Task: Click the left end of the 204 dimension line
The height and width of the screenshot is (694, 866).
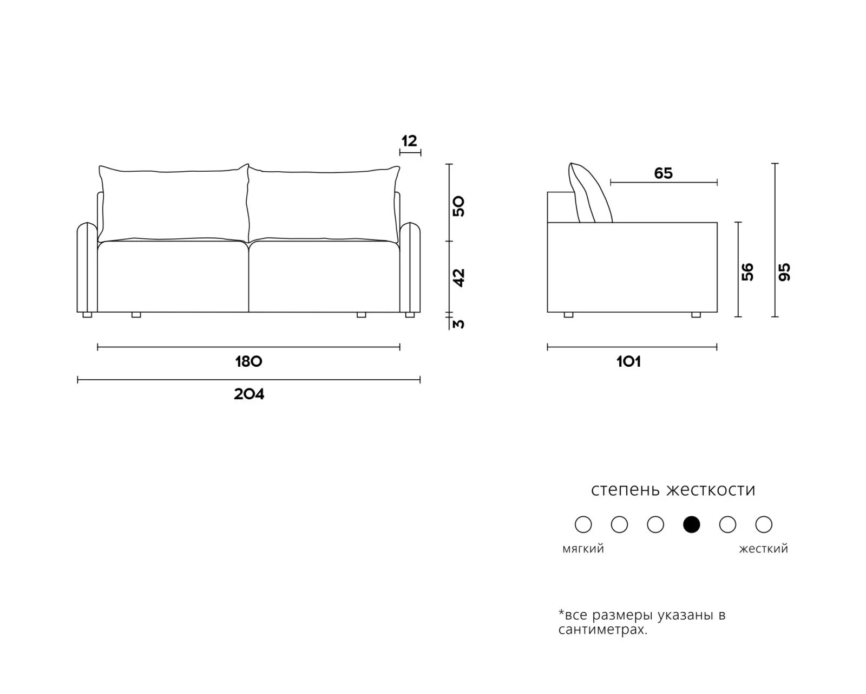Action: [x=77, y=379]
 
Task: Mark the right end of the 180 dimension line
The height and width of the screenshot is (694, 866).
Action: [x=399, y=347]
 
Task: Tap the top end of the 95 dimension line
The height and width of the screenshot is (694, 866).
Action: [x=775, y=164]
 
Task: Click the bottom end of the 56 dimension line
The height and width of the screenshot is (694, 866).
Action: [x=738, y=316]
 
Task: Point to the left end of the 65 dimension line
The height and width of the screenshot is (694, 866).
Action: [x=611, y=183]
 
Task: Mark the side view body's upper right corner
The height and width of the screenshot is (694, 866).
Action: [x=717, y=222]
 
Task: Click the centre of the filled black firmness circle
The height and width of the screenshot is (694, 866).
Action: [x=691, y=524]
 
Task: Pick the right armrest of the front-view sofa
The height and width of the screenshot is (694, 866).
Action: [x=410, y=268]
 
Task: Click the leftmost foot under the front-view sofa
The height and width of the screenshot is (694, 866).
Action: [x=87, y=315]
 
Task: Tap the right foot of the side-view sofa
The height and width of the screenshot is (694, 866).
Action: [x=696, y=315]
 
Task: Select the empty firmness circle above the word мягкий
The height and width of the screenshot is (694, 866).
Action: [x=583, y=524]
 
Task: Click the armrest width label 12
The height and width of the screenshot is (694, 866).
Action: [x=409, y=141]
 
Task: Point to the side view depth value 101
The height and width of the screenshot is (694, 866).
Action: [x=628, y=362]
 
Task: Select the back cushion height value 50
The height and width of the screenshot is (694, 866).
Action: [x=459, y=206]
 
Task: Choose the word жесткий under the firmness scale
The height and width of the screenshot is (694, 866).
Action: [x=763, y=549]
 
